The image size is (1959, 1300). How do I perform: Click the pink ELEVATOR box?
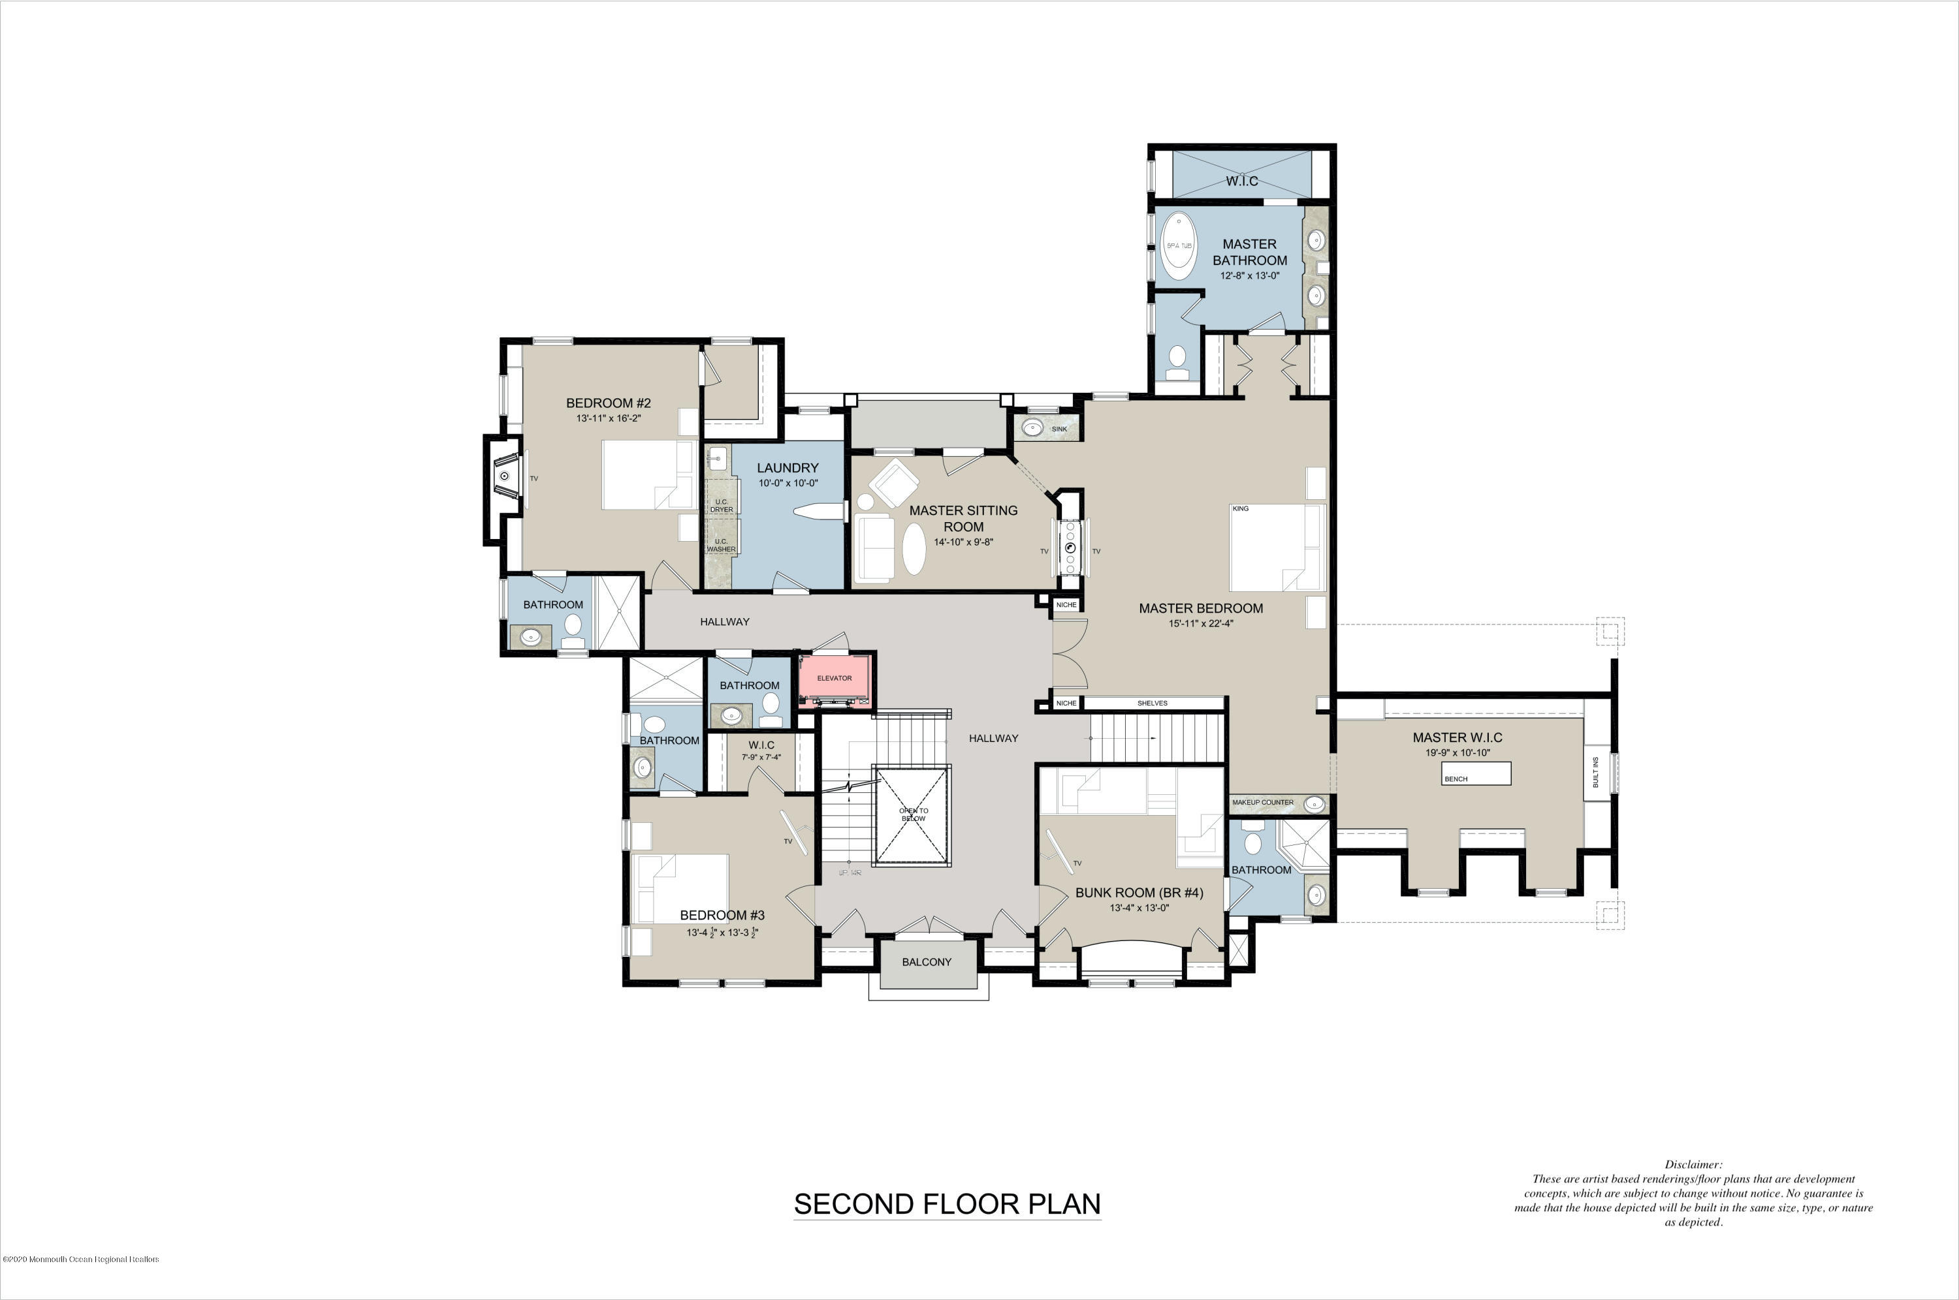pyautogui.click(x=835, y=678)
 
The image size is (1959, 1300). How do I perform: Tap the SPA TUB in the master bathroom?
pyautogui.click(x=1179, y=245)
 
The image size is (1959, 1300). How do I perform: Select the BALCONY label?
pyautogui.click(x=927, y=962)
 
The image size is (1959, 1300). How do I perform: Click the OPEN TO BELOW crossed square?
pyautogui.click(x=913, y=816)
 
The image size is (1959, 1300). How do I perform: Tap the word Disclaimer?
pyautogui.click(x=1693, y=1164)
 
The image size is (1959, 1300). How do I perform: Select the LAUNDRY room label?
pyautogui.click(x=787, y=468)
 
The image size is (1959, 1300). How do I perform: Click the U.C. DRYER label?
pyautogui.click(x=721, y=505)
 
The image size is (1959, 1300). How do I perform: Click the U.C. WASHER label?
pyautogui.click(x=721, y=545)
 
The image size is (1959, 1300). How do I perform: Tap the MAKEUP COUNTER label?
pyautogui.click(x=1262, y=803)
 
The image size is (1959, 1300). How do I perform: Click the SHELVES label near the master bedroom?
pyautogui.click(x=1152, y=703)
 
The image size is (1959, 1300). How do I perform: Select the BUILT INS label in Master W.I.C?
pyautogui.click(x=1596, y=773)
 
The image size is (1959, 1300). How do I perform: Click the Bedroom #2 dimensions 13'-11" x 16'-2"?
pyautogui.click(x=609, y=419)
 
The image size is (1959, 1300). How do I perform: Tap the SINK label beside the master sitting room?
pyautogui.click(x=1059, y=429)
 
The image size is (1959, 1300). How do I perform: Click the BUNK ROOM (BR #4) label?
pyautogui.click(x=1139, y=892)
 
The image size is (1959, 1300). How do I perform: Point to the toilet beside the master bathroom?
pyautogui.click(x=1176, y=359)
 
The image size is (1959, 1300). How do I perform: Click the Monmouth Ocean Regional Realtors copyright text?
pyautogui.click(x=80, y=1260)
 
